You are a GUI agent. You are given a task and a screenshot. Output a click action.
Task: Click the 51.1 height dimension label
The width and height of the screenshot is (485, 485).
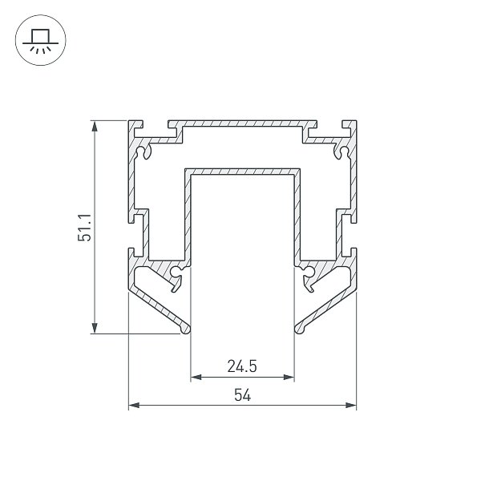pos(84,228)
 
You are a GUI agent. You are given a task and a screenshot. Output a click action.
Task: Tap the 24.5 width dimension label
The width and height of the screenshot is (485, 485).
pos(242,366)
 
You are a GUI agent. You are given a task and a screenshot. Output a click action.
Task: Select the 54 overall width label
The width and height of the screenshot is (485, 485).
pos(242,395)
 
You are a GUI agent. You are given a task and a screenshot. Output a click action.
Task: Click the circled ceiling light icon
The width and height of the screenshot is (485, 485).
pos(41,40)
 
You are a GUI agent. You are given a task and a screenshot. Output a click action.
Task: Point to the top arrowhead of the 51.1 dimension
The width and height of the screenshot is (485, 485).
pos(95,126)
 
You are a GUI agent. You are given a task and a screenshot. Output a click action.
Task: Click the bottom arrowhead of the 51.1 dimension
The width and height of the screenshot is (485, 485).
pos(95,328)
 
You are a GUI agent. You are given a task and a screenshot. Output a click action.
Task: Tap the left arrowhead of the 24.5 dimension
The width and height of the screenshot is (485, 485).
pos(196,377)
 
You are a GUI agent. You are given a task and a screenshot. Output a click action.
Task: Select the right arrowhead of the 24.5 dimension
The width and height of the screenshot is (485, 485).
pos(289,377)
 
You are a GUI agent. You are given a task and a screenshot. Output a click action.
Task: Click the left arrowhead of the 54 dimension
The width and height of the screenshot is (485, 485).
pos(134,405)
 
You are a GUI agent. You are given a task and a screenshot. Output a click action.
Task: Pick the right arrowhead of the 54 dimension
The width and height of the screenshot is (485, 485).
pos(351,405)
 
